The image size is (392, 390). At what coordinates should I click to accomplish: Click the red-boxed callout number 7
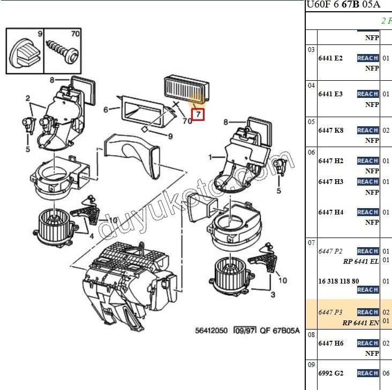(198, 114)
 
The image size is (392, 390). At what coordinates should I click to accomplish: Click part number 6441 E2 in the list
(330, 58)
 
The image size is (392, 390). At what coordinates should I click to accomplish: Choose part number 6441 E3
(330, 94)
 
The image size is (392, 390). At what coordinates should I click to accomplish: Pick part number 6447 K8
(330, 131)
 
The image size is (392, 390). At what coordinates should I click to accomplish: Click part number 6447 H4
(330, 212)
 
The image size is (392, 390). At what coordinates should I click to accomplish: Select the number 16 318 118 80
(338, 281)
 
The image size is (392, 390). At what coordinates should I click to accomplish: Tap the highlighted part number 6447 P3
(330, 312)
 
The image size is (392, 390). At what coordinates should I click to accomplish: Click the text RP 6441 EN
(360, 323)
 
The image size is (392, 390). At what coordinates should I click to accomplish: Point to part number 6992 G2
(330, 373)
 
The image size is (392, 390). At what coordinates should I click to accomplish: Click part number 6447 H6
(330, 343)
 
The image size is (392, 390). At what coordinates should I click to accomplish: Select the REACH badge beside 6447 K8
(368, 131)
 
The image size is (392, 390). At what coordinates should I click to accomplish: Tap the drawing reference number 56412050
(213, 331)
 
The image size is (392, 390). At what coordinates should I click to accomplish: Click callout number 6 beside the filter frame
(106, 110)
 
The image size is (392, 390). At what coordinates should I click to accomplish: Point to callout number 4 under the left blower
(92, 236)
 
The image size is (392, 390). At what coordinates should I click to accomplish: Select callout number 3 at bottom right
(273, 295)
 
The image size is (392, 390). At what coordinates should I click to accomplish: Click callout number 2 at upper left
(27, 98)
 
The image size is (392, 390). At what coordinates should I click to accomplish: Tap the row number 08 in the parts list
(311, 334)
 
